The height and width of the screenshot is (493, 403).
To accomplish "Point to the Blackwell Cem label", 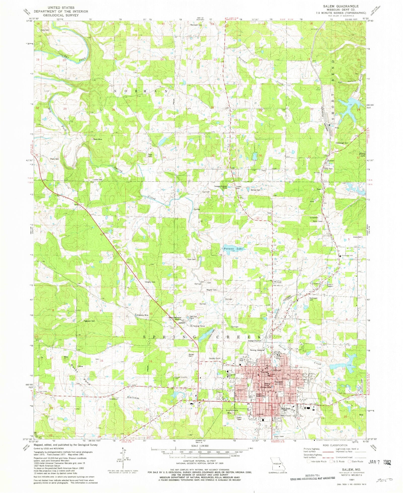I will pos(196,25).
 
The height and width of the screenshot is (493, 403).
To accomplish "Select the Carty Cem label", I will pos(45,30).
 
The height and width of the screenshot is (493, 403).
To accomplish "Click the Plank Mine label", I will pos(97,139).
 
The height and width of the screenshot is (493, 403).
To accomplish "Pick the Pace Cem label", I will pos(191,259).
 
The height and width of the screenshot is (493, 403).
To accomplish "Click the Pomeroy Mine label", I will pos(143,315).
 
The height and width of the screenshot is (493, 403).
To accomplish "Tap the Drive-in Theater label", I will pos(330,285).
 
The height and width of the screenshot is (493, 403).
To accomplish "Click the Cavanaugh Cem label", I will pos(342,143).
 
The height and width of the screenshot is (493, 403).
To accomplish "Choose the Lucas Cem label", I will pos(98,179).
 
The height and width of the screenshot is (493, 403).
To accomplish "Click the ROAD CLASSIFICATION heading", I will pos(337,445).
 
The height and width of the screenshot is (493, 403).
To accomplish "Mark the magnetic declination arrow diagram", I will pos(123,457).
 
